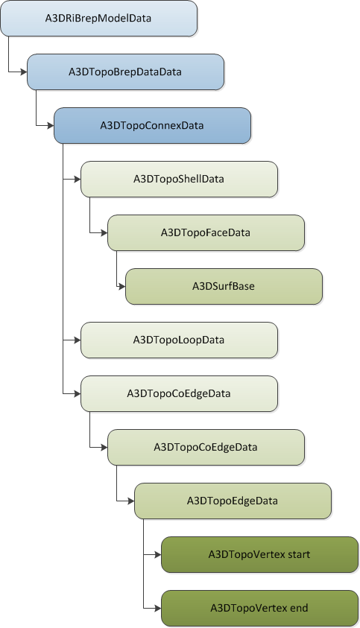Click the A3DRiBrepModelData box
pyautogui.click(x=98, y=18)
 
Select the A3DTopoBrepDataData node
pyautogui.click(x=125, y=72)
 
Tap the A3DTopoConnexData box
pyautogui.click(x=152, y=125)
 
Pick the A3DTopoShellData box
pyautogui.click(x=179, y=179)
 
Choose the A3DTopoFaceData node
pyautogui.click(x=206, y=232)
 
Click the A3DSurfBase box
pyautogui.click(x=224, y=286)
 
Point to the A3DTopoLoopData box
pyautogui.click(x=179, y=340)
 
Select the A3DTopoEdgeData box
pyautogui.click(x=233, y=501)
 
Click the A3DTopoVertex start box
pyautogui.click(x=259, y=554)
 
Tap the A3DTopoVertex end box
pyautogui.click(x=259, y=608)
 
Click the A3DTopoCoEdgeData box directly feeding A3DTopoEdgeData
pyautogui.click(x=206, y=447)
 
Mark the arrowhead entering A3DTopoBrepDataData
pyautogui.click(x=23, y=72)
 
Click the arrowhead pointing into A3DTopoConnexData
pyautogui.click(x=50, y=125)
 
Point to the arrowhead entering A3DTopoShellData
pyautogui.click(x=77, y=179)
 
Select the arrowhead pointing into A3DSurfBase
pyautogui.click(x=121, y=286)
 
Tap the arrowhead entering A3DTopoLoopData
pyautogui.click(x=77, y=340)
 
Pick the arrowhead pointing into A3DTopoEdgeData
pyautogui.click(x=130, y=501)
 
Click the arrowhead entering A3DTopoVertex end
pyautogui.click(x=157, y=608)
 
